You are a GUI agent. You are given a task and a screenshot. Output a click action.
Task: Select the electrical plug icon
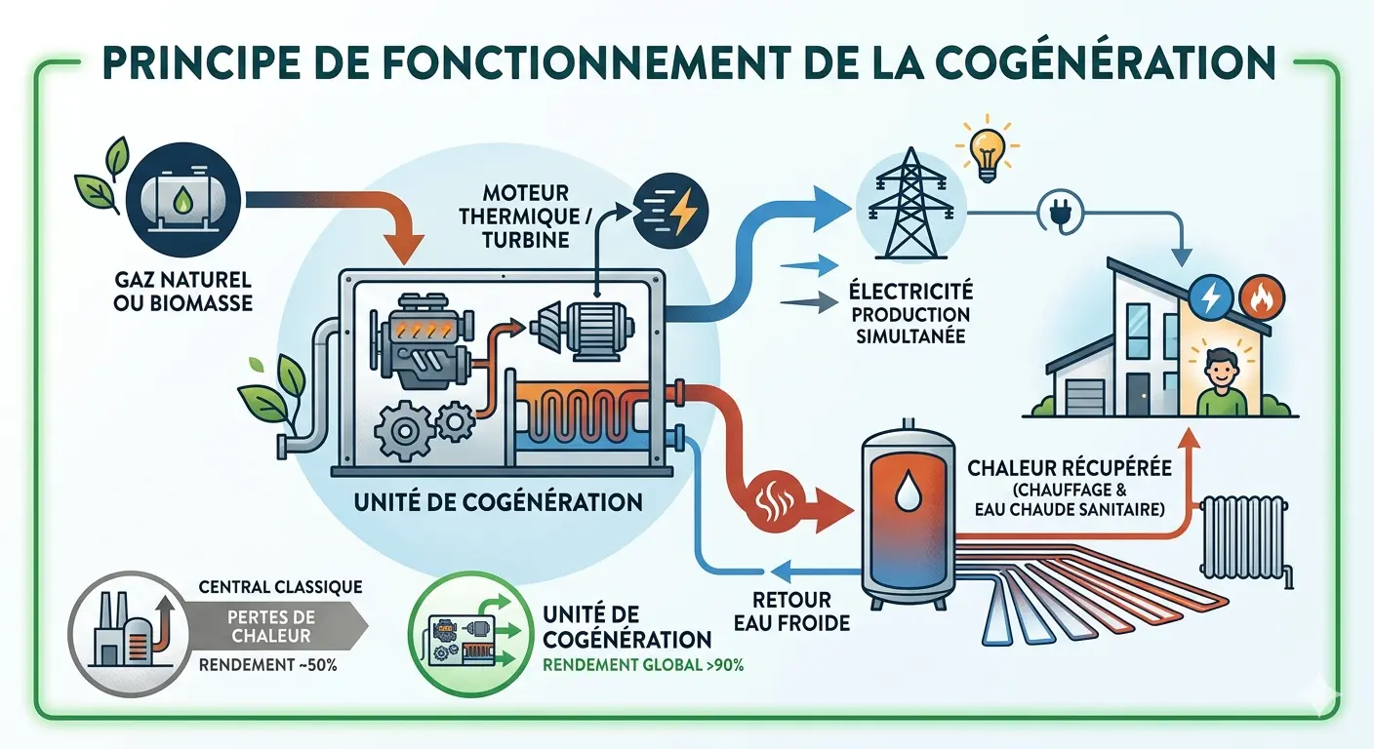[1060, 215]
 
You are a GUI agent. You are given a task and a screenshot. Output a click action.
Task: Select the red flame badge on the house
[1261, 296]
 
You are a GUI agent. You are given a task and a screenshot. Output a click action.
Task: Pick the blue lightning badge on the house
[1211, 296]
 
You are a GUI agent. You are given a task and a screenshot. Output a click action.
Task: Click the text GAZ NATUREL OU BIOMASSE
[182, 292]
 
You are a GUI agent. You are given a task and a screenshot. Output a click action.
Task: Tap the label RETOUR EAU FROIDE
[791, 611]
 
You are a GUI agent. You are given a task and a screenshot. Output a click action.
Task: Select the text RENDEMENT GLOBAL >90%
[643, 665]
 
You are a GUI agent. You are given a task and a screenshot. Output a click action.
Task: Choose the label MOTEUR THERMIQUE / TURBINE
[526, 217]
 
